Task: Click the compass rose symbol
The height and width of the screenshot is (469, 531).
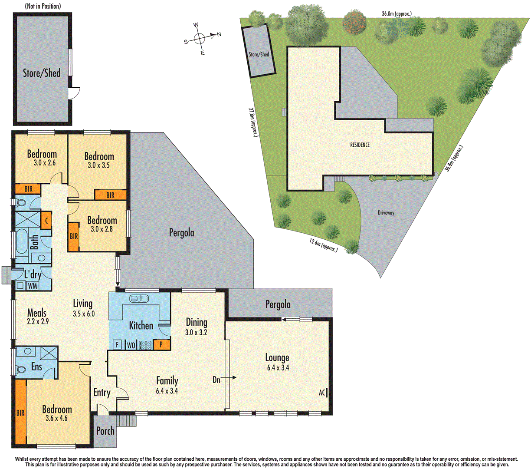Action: [x=200, y=39]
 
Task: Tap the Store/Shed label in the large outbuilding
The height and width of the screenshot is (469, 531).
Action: [x=42, y=73]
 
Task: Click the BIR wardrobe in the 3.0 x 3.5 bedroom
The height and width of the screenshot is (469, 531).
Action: [x=111, y=195]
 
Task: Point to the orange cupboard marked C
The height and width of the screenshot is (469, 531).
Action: [x=46, y=221]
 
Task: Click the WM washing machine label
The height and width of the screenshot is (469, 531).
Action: [x=33, y=286]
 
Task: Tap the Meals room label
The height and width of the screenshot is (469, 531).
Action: [x=36, y=313]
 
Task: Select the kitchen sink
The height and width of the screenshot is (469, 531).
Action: [x=139, y=299]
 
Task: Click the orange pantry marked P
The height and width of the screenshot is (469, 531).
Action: [x=161, y=344]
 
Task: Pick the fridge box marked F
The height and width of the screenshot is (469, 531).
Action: [x=117, y=345]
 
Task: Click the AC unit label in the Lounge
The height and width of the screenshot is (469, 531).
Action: [x=322, y=393]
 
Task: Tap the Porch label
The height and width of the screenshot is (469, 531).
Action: [x=105, y=431]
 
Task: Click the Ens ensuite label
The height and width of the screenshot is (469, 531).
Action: [x=37, y=367]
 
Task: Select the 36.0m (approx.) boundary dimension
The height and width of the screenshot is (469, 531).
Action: [x=397, y=14]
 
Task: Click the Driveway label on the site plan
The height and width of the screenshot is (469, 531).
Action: [x=386, y=213]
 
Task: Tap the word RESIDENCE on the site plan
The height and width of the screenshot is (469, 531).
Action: [x=360, y=145]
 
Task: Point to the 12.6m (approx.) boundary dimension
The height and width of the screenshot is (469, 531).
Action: [x=323, y=245]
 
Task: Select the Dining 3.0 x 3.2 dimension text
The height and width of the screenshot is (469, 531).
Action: [x=196, y=333]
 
